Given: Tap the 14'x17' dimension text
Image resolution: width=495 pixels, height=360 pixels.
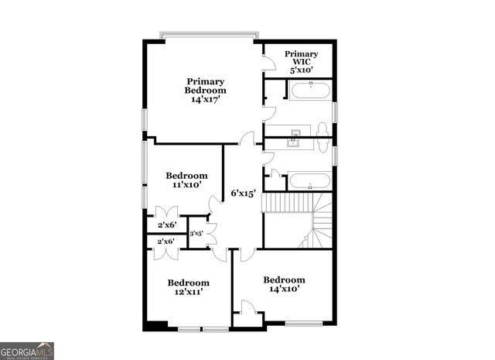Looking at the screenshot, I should [205, 99].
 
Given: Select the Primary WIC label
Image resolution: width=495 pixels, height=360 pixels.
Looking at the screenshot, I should [301, 59].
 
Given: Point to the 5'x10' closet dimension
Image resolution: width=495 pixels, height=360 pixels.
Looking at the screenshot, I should [301, 70].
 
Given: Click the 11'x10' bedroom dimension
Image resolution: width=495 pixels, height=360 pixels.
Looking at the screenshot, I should [186, 185].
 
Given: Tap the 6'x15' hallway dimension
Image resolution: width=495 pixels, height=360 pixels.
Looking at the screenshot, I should [244, 194].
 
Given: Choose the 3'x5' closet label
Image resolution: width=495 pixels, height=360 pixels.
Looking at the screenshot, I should [196, 232].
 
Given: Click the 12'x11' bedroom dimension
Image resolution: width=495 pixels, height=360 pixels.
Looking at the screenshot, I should [188, 293].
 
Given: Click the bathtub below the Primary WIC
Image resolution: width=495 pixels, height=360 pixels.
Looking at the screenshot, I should [310, 91].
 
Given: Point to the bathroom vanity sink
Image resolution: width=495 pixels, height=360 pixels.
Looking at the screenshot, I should [294, 141].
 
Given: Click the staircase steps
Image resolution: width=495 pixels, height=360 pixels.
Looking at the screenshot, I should [287, 203].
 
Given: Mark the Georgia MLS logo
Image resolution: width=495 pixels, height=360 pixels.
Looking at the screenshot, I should [27, 351].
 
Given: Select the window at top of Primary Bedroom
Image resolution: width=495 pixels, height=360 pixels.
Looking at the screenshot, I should [209, 33].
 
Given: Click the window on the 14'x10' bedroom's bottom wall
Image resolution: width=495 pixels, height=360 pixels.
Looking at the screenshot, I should [303, 324].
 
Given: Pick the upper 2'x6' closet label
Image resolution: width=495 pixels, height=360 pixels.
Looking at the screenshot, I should [166, 225].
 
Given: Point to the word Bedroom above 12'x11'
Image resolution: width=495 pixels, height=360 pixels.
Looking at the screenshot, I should [188, 283].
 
